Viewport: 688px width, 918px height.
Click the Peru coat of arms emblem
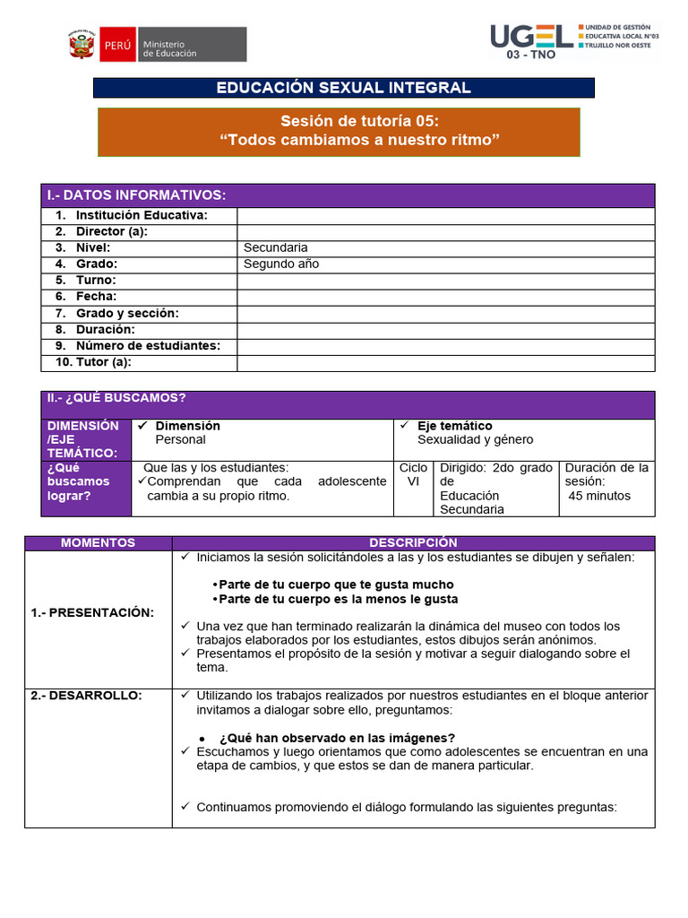(81, 44)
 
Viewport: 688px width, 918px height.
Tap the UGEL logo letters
(531, 36)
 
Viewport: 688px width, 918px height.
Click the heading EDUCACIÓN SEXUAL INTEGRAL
(343, 88)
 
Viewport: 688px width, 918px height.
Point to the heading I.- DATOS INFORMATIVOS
(136, 195)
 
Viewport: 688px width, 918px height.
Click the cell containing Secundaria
(276, 247)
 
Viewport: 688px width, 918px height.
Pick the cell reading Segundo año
(281, 264)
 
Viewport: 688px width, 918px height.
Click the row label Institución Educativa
(142, 215)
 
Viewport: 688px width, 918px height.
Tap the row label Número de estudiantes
(148, 346)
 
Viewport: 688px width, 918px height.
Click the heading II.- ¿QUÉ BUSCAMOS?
(116, 398)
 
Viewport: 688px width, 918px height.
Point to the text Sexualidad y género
(475, 439)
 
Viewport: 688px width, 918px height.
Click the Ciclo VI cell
(413, 474)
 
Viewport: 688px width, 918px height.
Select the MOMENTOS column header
(98, 542)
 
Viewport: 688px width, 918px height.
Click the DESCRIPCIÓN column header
(413, 542)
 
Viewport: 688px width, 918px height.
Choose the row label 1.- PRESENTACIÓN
(92, 612)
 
